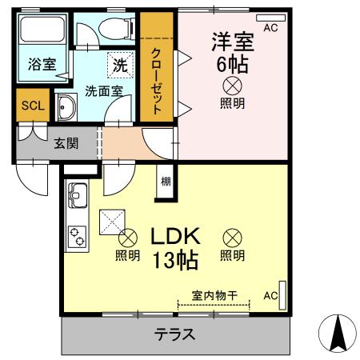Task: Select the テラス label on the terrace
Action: coord(175,334)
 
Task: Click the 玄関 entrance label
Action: coord(66,144)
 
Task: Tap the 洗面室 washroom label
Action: coord(104,90)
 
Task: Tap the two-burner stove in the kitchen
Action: coord(78,234)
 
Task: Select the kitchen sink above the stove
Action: coord(78,194)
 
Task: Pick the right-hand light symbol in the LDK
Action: coord(232,237)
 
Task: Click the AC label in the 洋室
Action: coord(270,28)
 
